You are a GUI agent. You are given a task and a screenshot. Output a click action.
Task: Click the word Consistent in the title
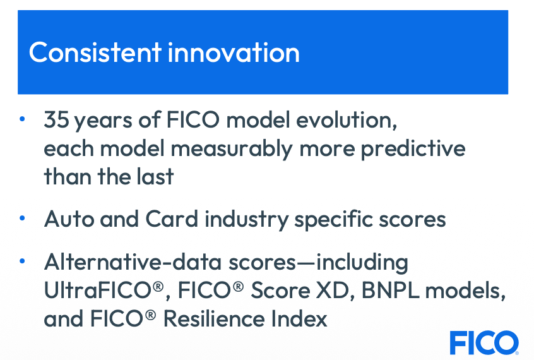(x=95, y=52)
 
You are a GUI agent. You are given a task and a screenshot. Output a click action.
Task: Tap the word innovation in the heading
(x=234, y=52)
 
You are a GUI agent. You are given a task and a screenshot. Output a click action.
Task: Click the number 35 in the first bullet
(x=57, y=120)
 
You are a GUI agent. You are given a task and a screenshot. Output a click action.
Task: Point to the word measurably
(x=231, y=149)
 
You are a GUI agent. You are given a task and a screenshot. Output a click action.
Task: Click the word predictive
(x=413, y=149)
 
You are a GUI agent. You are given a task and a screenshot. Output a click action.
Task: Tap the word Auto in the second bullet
(x=69, y=219)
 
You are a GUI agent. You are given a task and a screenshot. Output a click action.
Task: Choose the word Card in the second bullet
(x=172, y=219)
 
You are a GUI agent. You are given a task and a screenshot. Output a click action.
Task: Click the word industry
(x=247, y=220)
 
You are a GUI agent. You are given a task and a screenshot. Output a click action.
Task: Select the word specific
(x=334, y=220)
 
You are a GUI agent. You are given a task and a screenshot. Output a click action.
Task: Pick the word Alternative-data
(x=133, y=262)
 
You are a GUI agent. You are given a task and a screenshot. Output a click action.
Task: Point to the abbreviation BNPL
(x=390, y=291)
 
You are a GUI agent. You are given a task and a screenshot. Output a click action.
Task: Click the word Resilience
(x=214, y=319)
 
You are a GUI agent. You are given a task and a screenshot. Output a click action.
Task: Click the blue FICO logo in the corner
(x=484, y=342)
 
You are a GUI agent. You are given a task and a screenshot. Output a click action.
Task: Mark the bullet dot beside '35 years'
(x=22, y=119)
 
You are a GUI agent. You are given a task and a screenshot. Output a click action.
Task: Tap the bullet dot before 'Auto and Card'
(x=22, y=218)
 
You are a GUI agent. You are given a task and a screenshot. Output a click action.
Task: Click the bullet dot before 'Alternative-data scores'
(x=22, y=261)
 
